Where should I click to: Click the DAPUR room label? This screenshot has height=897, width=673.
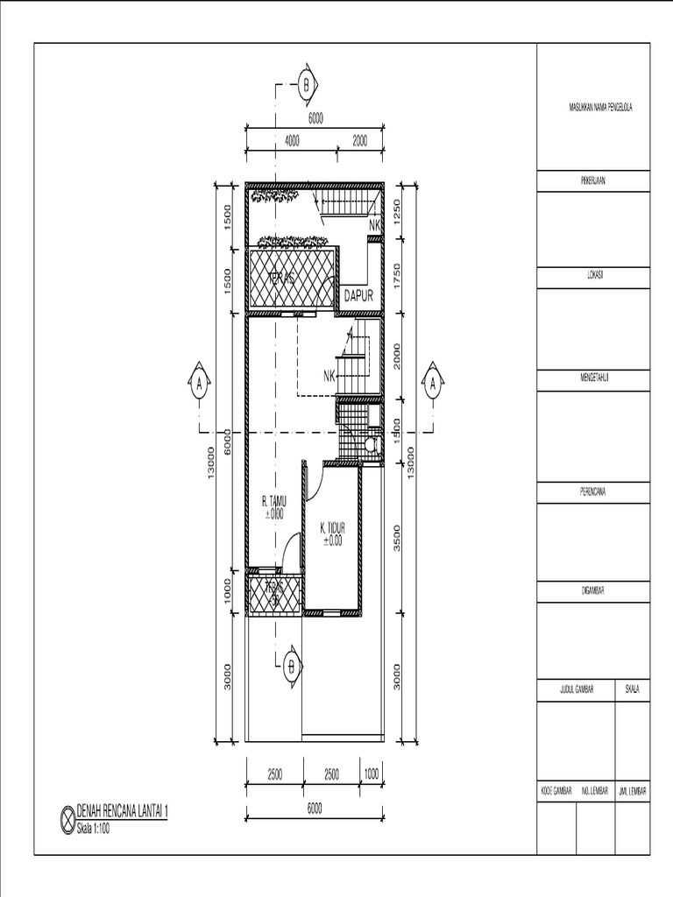[x=358, y=296]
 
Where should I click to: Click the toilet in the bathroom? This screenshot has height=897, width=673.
[x=372, y=446]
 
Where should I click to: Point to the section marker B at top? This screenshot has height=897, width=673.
[x=307, y=85]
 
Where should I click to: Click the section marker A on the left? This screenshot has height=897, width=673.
[x=200, y=384]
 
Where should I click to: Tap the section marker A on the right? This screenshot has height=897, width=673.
[x=432, y=384]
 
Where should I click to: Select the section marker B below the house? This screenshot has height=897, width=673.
[x=290, y=666]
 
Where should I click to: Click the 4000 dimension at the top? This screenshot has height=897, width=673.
[x=292, y=140]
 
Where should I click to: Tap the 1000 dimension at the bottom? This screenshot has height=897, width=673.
[x=372, y=773]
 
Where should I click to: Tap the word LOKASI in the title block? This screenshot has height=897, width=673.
[x=593, y=274]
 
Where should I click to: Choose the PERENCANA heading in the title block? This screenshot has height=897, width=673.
[x=593, y=491]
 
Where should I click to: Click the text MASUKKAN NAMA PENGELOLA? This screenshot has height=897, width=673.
[x=601, y=107]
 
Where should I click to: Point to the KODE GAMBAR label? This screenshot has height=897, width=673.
[x=556, y=791]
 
